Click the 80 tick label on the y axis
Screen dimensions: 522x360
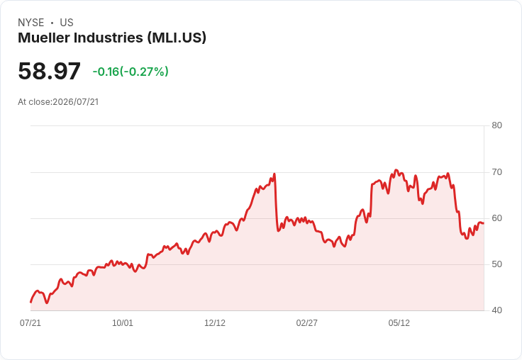[496, 125]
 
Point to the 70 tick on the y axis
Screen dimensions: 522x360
[496, 172]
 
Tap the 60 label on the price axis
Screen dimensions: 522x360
[496, 218]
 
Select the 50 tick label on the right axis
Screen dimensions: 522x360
[496, 264]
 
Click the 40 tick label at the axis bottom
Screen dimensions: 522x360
[496, 310]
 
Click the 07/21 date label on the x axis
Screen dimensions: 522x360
[30, 323]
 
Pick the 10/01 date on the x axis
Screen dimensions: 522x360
[123, 323]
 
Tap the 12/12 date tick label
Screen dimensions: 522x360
[215, 323]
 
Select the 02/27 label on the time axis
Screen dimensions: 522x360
[307, 323]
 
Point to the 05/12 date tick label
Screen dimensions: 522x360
[399, 323]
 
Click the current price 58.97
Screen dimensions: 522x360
[49, 71]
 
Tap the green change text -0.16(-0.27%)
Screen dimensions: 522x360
[130, 72]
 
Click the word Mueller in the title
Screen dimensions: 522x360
[44, 38]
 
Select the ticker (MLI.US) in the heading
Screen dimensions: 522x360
[177, 38]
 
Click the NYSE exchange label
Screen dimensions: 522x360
[31, 23]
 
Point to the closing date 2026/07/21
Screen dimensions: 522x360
[76, 102]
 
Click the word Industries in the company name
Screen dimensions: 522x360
[109, 38]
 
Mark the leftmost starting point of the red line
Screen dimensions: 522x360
[30, 302]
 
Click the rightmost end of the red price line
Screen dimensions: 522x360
[484, 223]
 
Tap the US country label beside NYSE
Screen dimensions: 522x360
[67, 23]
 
